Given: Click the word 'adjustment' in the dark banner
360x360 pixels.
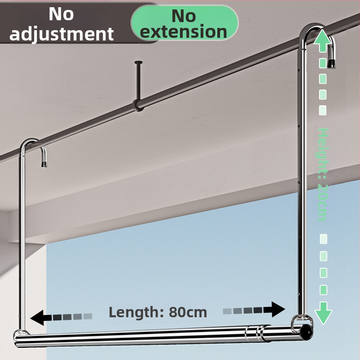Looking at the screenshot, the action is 62,34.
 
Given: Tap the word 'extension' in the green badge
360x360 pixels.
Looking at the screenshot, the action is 184,31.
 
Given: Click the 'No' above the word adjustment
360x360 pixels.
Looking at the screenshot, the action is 61,14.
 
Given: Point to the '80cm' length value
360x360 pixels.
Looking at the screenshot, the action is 188,312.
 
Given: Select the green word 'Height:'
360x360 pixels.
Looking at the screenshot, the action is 323,154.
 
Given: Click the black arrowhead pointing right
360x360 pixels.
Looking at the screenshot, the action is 278,310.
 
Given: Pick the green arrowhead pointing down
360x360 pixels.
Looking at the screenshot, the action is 323,314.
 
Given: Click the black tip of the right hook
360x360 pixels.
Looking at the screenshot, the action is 332,63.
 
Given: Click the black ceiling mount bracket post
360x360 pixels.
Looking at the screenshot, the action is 139,85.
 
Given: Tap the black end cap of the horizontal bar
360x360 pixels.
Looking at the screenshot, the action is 306,332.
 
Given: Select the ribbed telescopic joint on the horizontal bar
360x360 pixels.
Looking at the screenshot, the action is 254,334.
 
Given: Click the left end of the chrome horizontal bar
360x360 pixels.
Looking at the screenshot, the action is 16,340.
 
